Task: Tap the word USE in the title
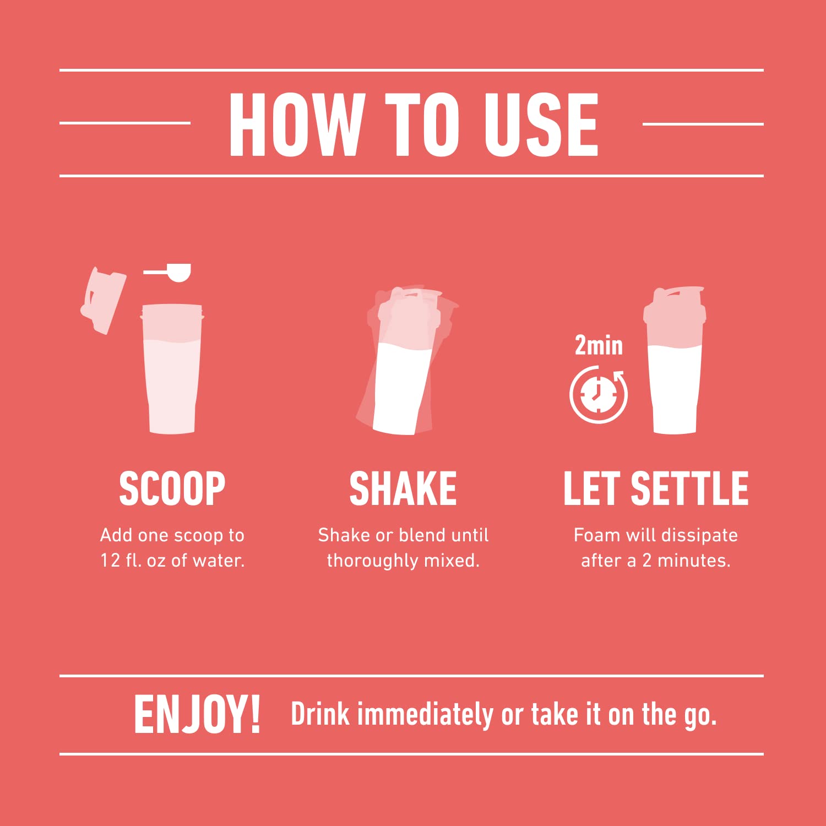tap(541, 124)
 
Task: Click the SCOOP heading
tap(172, 488)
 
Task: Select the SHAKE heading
tap(403, 488)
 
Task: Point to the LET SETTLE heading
tap(656, 488)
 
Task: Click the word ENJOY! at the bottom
tap(197, 714)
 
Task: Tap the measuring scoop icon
tap(171, 272)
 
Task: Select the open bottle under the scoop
tap(172, 369)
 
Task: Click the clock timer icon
tap(599, 394)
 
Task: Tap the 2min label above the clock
tap(599, 346)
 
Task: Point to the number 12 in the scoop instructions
tap(110, 561)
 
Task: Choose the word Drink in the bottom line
tap(320, 714)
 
